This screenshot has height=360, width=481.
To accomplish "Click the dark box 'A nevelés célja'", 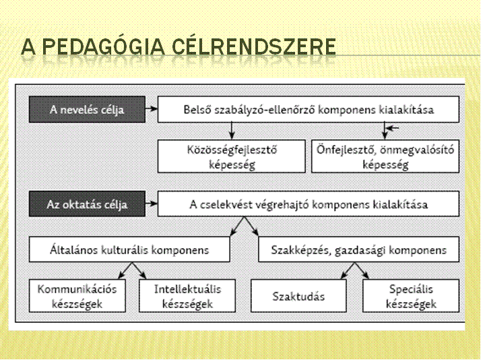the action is click(x=87, y=110).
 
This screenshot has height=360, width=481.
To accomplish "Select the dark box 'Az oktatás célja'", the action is click(x=87, y=204).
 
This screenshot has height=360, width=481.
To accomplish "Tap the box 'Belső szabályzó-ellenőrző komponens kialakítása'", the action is click(x=309, y=110).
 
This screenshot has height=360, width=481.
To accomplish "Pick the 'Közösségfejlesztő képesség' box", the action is click(x=232, y=156).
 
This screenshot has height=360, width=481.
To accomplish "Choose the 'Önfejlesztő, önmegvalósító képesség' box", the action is click(x=385, y=156).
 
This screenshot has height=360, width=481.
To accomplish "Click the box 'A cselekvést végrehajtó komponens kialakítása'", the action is click(x=309, y=204).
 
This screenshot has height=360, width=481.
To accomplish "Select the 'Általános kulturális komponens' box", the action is click(x=129, y=249).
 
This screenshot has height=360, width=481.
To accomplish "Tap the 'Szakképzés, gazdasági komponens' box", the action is click(x=359, y=249).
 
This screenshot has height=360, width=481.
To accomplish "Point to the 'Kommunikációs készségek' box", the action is click(x=77, y=296).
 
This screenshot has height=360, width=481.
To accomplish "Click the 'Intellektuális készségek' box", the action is click(x=187, y=296).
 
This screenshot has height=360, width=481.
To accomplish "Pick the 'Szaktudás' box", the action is click(x=298, y=296).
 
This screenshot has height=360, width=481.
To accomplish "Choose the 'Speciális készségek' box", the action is click(x=411, y=296).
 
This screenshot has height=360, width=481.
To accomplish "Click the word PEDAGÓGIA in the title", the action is click(x=103, y=47).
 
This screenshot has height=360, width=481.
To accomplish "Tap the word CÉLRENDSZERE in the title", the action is click(x=254, y=47).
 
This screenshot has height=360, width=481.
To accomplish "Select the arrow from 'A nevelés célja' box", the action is click(x=152, y=109).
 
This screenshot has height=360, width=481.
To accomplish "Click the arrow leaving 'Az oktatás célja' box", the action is click(x=152, y=203).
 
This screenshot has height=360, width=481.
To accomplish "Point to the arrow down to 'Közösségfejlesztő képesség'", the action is click(x=232, y=131).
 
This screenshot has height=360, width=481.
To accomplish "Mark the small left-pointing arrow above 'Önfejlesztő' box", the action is click(x=393, y=127).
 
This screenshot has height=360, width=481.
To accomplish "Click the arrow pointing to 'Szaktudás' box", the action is click(x=348, y=271).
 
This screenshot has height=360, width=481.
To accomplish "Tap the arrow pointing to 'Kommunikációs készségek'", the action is click(x=125, y=271).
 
